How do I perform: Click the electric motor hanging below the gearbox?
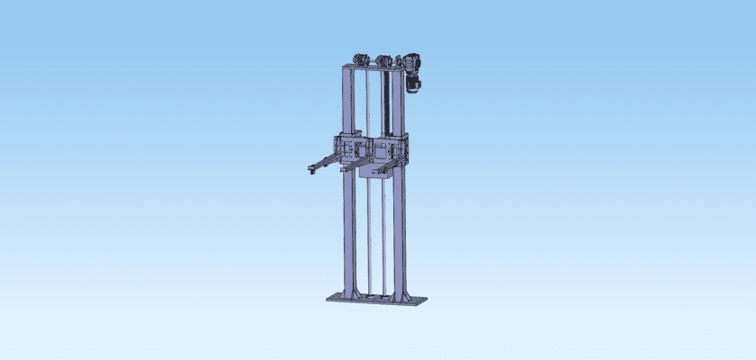(415, 84)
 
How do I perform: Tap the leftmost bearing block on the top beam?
(357, 59)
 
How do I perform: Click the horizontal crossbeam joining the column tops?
(373, 67)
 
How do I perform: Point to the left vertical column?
(347, 216)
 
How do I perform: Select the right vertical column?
(399, 216)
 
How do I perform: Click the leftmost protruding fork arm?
(324, 163)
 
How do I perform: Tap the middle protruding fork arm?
(354, 165)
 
